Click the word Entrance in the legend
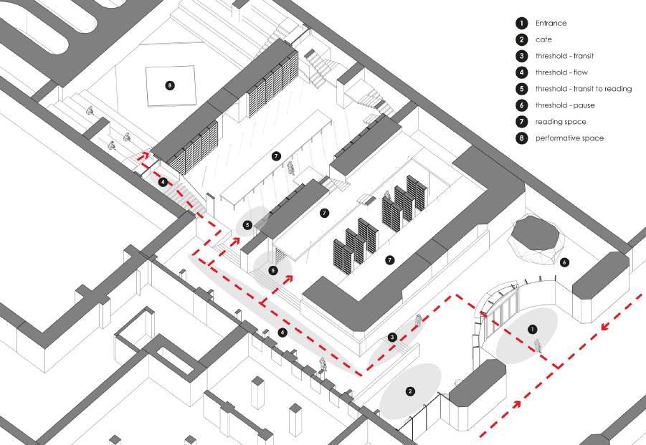(551, 24)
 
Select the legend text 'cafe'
(543, 40)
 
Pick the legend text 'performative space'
(569, 138)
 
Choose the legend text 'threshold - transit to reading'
(584, 89)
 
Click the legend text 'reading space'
(560, 122)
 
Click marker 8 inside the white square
(169, 85)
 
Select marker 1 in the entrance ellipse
(532, 329)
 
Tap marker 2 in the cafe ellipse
(410, 391)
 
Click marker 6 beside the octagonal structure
(564, 262)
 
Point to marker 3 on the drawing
(392, 337)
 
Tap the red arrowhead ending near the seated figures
(144, 153)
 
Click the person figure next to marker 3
(417, 322)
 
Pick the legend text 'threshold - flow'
(561, 72)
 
